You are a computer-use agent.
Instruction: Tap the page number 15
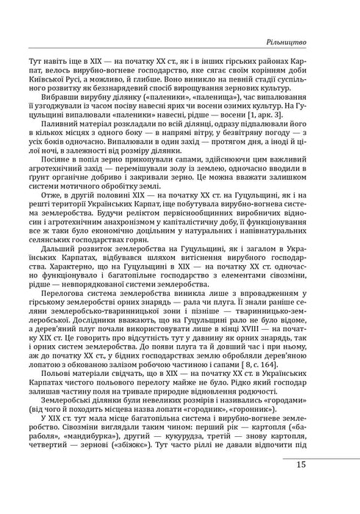pyautogui.click(x=324, y=485)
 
